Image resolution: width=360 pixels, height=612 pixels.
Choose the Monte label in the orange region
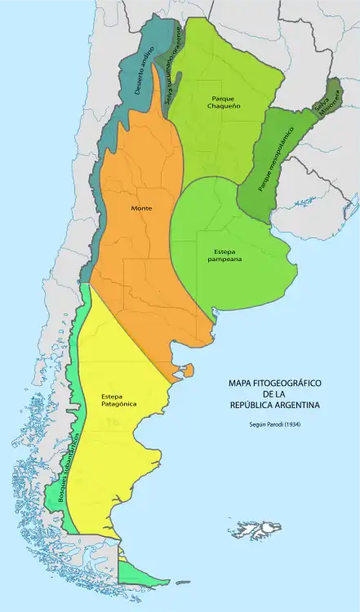141,208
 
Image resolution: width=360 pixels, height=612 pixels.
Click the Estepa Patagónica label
119,400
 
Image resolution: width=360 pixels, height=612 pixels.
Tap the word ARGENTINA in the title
296,405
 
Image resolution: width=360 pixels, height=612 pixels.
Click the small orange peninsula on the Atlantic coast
187,371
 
